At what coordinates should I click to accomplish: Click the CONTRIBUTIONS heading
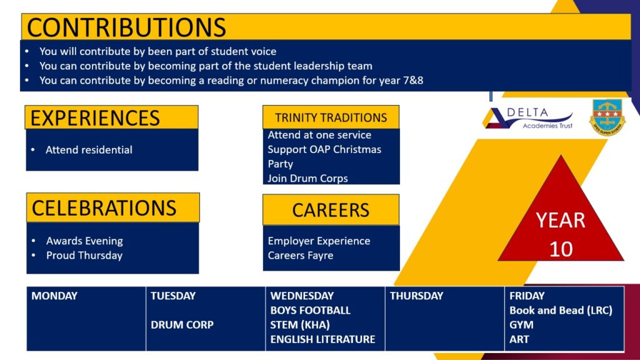(126, 27)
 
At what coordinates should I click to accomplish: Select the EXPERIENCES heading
(95, 118)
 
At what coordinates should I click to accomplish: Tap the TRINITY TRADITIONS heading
(331, 117)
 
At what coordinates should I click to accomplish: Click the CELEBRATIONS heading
(104, 207)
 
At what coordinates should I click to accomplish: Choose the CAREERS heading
(331, 210)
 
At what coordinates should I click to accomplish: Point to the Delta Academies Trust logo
(528, 118)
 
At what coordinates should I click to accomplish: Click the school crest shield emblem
(607, 117)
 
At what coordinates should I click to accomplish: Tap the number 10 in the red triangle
(561, 249)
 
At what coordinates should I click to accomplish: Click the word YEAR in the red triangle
(561, 221)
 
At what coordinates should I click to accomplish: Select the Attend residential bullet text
(89, 150)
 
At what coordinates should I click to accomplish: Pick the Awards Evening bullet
(84, 241)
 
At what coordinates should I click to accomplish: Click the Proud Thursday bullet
(84, 256)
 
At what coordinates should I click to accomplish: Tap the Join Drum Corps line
(307, 178)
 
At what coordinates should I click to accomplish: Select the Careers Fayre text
(301, 256)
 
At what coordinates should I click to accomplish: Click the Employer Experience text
(319, 241)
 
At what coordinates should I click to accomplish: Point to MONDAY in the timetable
(54, 296)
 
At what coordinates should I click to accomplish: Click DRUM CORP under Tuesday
(182, 325)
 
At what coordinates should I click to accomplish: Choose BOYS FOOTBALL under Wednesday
(310, 310)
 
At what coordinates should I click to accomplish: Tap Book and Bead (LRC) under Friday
(561, 310)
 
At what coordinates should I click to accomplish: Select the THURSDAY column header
(416, 296)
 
